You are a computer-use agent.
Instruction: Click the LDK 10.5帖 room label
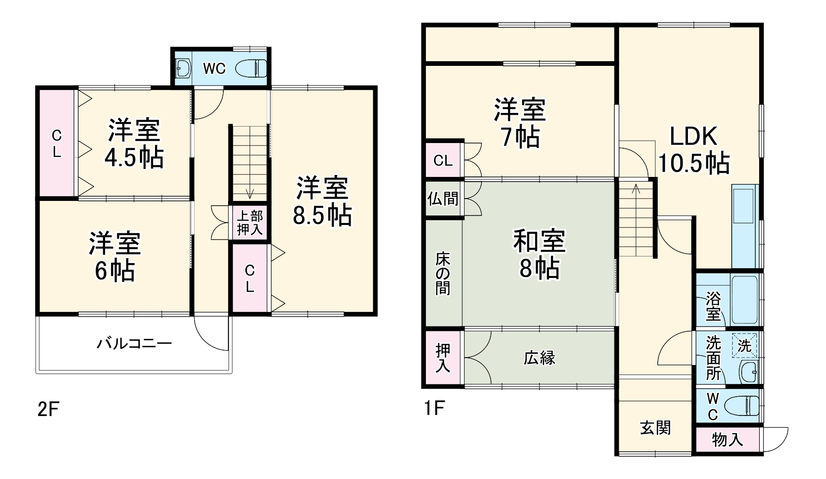(x=694, y=150)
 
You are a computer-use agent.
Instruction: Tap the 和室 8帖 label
(x=539, y=254)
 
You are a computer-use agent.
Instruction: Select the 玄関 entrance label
(x=655, y=428)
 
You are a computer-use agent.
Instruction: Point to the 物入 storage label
(x=728, y=439)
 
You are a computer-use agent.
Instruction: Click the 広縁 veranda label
(x=540, y=358)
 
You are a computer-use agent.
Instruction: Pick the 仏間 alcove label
(x=443, y=199)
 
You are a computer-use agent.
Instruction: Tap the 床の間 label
(x=442, y=273)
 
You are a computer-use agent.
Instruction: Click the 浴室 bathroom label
(x=713, y=305)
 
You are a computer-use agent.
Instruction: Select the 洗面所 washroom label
(x=713, y=359)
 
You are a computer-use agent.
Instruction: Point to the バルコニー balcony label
(x=134, y=343)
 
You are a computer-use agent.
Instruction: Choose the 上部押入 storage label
(x=250, y=223)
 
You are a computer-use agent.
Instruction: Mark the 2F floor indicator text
(x=48, y=409)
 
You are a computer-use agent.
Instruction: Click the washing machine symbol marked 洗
(x=744, y=345)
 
